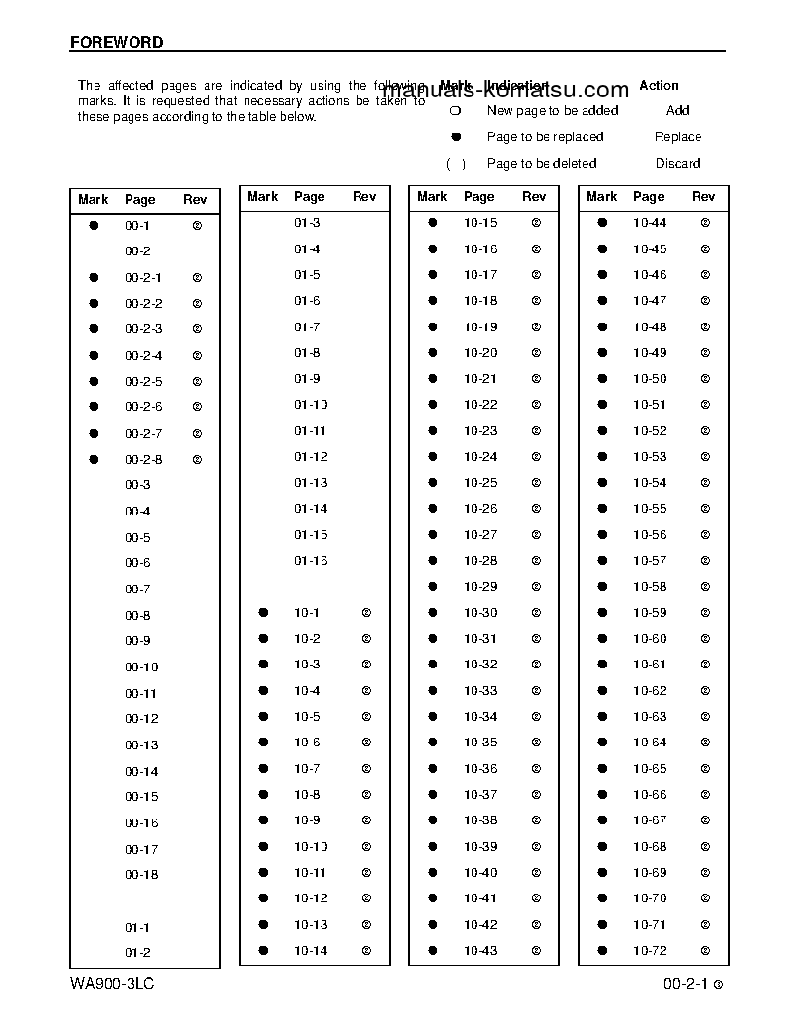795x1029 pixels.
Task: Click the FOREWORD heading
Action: (116, 43)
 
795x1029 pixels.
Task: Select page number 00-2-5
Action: (143, 382)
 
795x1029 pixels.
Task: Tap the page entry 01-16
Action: (311, 561)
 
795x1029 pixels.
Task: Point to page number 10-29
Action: (480, 587)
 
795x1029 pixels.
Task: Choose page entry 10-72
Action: (650, 951)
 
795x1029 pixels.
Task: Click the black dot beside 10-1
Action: (263, 613)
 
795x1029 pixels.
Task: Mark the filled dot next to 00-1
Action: (94, 225)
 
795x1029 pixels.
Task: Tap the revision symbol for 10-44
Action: (705, 223)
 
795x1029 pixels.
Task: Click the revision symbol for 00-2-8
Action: (197, 459)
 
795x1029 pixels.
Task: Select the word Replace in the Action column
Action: (678, 137)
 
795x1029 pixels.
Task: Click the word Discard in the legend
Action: (677, 164)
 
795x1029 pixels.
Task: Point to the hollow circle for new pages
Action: (454, 111)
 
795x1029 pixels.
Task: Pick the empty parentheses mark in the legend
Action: (455, 164)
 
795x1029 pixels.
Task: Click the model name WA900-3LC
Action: (112, 984)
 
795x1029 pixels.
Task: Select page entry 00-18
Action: (141, 875)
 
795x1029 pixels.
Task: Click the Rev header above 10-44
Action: (703, 197)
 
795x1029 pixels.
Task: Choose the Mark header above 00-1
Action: (94, 200)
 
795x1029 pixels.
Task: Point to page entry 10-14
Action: (311, 951)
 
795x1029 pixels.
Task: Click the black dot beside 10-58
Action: (602, 587)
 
